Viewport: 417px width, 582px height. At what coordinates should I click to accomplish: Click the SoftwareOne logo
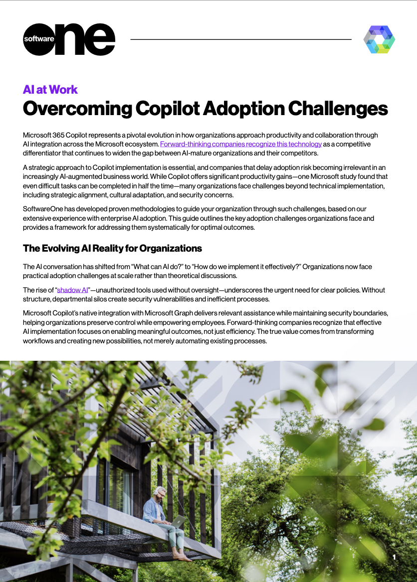coord(69,39)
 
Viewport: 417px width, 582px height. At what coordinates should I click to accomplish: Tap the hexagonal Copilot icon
coord(379,39)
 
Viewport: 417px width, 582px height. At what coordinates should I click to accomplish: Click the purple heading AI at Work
coord(50,90)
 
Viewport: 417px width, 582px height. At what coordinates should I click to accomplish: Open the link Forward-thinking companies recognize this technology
coord(241,144)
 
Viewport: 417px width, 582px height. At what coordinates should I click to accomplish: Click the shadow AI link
coord(72,290)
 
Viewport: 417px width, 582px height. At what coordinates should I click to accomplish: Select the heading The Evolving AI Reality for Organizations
coord(112,248)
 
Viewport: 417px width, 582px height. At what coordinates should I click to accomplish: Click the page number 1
coord(394,557)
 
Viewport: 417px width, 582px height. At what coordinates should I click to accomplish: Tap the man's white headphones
coord(156,493)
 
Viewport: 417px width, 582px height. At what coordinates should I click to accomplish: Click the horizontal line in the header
coord(241,39)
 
